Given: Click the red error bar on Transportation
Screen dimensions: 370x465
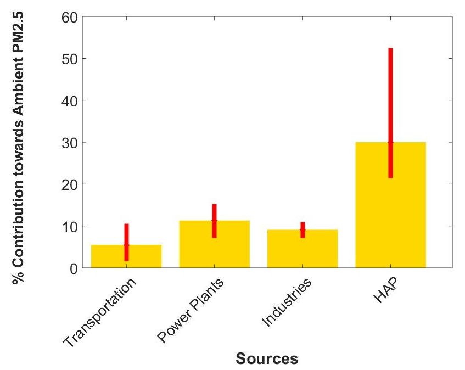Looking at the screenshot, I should coord(126,242).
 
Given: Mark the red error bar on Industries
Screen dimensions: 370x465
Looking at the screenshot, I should coord(302,230).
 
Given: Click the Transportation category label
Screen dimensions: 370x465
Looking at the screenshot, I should coord(99,312).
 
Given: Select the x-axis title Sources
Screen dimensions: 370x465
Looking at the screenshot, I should coord(267,359).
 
